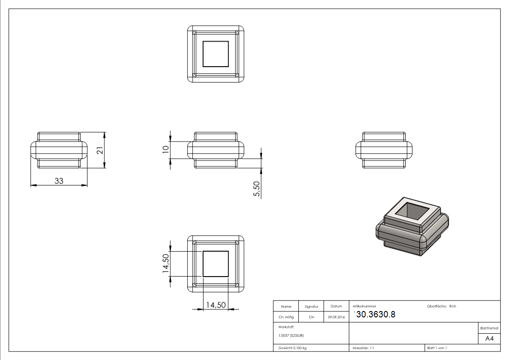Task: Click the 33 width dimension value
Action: pos(59,180)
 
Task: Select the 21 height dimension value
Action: pos(99,151)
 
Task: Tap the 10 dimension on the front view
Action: pos(166,148)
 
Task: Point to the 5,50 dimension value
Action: pos(257,189)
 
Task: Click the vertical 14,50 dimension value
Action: pos(166,264)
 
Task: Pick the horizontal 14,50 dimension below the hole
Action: pos(216,305)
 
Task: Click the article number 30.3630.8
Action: pos(375,314)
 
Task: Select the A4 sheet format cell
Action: pos(490,339)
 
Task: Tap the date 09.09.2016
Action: pos(336,317)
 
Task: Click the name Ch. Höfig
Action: pos(286,317)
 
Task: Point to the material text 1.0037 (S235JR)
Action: pos(291,335)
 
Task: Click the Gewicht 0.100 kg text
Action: pos(292,348)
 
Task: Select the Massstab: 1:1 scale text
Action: pos(363,348)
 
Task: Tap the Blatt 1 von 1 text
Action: pos(437,348)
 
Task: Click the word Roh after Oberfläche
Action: pos(452,306)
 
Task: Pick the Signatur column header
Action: pos(311,306)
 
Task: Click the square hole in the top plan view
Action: pos(216,54)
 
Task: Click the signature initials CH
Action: pos(311,317)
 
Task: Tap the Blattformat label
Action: pos(490,328)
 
